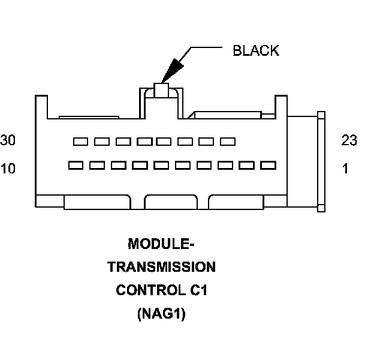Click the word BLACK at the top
[x=255, y=50]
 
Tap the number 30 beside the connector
[x=8, y=140]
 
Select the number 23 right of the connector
[x=349, y=140]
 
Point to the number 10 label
[x=8, y=169]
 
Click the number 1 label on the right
[x=345, y=169]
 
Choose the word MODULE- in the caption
[x=161, y=244]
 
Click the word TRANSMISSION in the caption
[x=161, y=267]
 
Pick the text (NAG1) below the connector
[x=161, y=313]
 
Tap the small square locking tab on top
[x=161, y=91]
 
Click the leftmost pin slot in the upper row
[x=80, y=142]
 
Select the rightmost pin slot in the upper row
[x=227, y=142]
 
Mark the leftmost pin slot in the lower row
[x=76, y=164]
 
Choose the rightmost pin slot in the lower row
[x=268, y=164]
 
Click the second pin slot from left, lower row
[x=97, y=164]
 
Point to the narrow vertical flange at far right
[x=321, y=161]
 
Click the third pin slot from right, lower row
[x=225, y=164]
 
